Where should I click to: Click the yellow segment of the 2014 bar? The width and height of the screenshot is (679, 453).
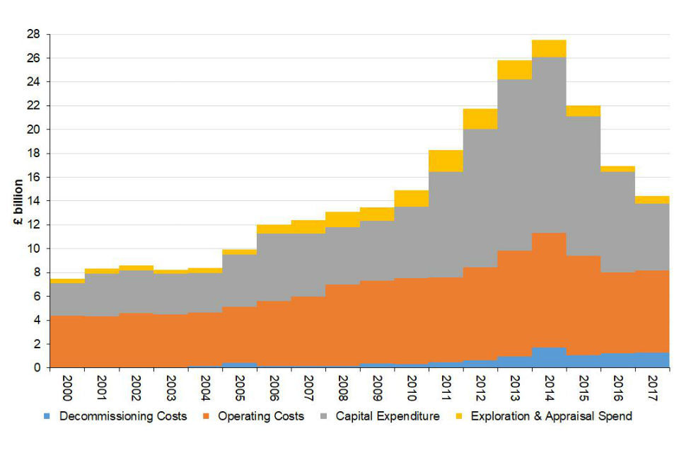(549, 48)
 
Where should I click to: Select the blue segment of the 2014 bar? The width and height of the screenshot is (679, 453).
(549, 357)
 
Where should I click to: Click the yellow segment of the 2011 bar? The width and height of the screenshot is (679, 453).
(446, 161)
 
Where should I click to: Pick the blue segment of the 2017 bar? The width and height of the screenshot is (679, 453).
(652, 360)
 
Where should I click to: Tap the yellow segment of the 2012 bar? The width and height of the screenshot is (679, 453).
(480, 119)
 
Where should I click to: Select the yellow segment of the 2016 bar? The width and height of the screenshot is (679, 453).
(617, 168)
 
